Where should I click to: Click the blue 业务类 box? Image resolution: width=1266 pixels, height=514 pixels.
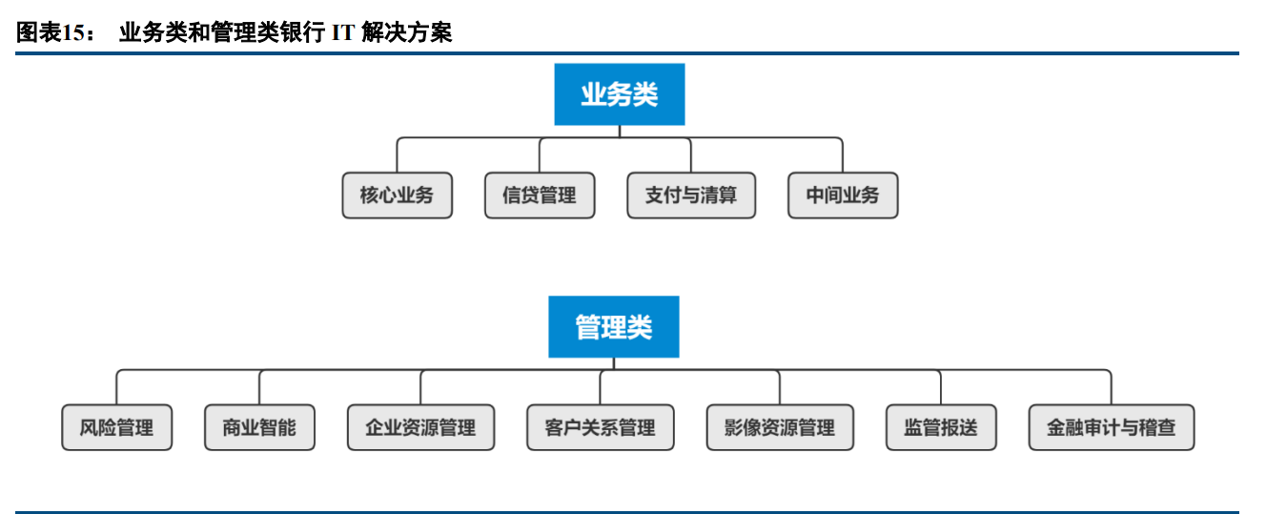[619, 94]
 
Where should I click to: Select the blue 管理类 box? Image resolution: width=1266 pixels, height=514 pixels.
[613, 327]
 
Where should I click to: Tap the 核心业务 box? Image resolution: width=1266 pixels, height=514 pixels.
[397, 195]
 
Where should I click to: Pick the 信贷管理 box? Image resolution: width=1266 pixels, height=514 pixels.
[540, 195]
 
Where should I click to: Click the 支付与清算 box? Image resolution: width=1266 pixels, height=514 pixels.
[691, 195]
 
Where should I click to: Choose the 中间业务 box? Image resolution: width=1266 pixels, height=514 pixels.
[843, 195]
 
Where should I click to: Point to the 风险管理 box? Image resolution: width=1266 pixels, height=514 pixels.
[117, 427]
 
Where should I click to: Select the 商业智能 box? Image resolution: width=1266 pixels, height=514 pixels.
[259, 427]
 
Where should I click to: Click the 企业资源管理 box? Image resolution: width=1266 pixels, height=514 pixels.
[420, 427]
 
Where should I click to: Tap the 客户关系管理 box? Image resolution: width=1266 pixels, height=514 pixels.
[601, 427]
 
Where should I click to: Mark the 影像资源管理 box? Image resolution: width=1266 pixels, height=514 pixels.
[780, 427]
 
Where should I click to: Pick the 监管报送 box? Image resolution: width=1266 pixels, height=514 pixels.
[941, 427]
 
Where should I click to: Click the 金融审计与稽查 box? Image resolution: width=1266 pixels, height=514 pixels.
[1112, 427]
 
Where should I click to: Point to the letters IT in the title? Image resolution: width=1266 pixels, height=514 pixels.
[342, 33]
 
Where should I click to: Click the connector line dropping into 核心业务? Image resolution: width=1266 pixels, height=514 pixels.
[397, 157]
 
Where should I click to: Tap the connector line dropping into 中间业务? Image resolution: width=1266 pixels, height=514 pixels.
[843, 157]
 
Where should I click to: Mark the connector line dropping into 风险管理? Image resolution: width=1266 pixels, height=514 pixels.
[117, 389]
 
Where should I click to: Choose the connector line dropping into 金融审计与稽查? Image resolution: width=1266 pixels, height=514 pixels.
[1112, 389]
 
